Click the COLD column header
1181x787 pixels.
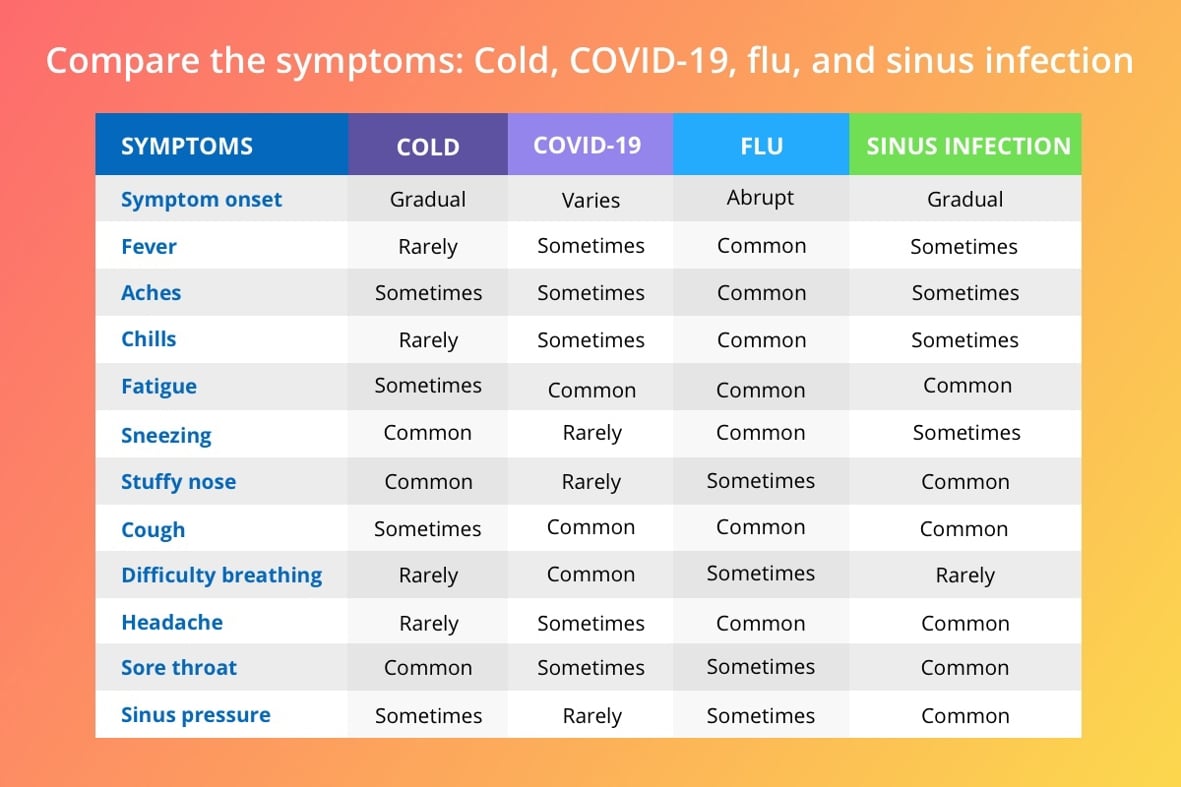click(428, 146)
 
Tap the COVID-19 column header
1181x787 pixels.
click(587, 145)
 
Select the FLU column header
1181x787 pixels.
click(761, 145)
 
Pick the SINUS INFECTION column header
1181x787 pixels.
click(968, 145)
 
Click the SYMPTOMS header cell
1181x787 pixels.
click(187, 145)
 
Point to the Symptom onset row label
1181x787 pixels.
click(201, 200)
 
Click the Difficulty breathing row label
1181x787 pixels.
click(221, 575)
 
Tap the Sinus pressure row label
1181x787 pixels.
click(196, 715)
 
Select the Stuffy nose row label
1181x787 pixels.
click(179, 482)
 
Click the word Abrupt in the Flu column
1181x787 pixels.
click(760, 198)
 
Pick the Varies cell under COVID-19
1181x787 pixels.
click(590, 200)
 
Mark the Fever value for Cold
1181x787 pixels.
click(428, 247)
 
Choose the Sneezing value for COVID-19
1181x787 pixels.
click(592, 433)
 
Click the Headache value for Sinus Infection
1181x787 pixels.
click(965, 624)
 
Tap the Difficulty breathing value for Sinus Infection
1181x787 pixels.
click(965, 575)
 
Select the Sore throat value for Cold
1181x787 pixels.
click(428, 668)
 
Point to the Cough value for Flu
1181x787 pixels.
click(760, 527)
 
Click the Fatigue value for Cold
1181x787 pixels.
click(428, 386)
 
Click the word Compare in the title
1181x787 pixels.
click(123, 62)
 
